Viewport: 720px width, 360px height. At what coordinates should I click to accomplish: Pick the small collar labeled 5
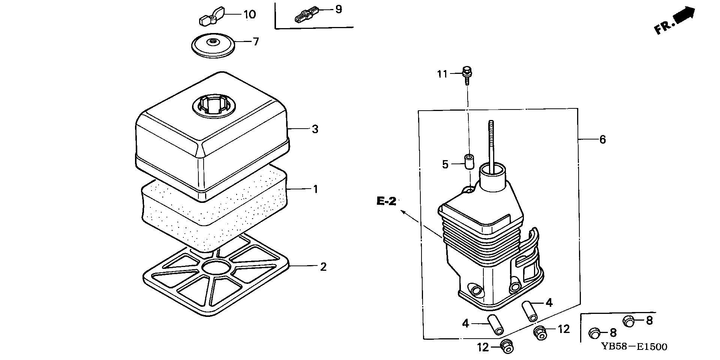[x=468, y=162]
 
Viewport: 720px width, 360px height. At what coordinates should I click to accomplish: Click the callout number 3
[x=315, y=129]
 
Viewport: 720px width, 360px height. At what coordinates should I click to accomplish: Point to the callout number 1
[x=315, y=189]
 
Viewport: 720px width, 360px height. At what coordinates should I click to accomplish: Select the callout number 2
[x=323, y=267]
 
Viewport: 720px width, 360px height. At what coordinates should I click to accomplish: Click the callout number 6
[x=602, y=140]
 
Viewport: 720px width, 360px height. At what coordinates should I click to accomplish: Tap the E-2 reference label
[x=387, y=202]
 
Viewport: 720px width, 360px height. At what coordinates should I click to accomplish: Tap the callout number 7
[x=256, y=42]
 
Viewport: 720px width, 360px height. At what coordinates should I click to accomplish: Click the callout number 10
[x=249, y=15]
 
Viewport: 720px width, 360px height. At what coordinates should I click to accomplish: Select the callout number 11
[x=442, y=74]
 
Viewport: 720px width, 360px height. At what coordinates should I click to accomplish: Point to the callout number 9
[x=338, y=9]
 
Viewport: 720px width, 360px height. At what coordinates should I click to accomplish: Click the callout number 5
[x=445, y=165]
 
